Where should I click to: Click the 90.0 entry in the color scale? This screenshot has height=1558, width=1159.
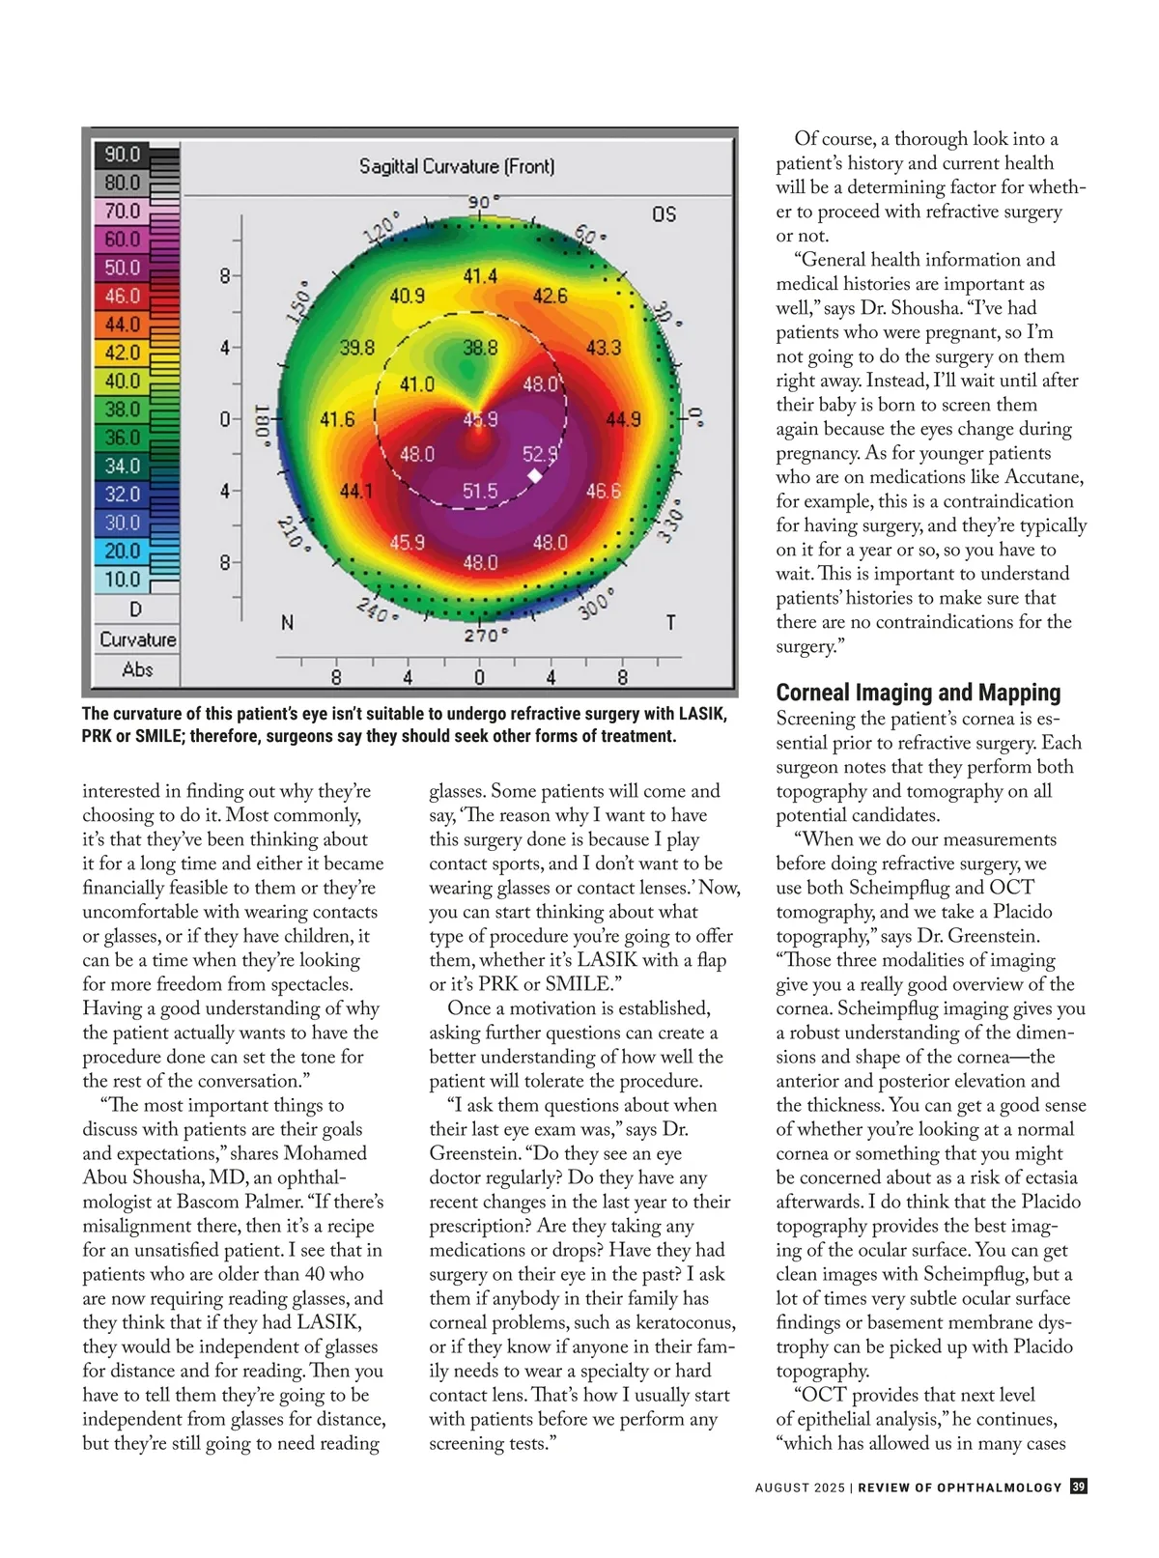click(x=123, y=155)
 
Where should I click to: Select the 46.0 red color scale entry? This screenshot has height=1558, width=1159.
click(x=123, y=296)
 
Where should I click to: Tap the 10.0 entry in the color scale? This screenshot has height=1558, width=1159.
click(x=123, y=580)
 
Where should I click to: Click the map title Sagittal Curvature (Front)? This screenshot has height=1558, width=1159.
click(x=457, y=166)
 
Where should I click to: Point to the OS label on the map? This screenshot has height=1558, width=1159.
click(x=664, y=213)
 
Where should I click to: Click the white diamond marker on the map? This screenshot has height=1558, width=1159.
click(x=535, y=477)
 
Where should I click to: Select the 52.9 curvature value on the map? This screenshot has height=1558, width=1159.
click(x=539, y=453)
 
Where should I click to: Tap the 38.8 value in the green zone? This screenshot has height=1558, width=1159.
click(x=480, y=348)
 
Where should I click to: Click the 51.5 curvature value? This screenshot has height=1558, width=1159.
click(x=480, y=491)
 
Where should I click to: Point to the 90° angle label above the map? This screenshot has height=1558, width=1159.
click(x=483, y=202)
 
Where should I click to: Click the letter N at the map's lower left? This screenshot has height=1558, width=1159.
click(x=287, y=623)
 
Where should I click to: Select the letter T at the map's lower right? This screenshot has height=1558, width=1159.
click(x=669, y=623)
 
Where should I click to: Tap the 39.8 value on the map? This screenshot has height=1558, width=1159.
click(x=357, y=348)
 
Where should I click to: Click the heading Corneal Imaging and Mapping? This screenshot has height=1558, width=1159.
click(x=918, y=693)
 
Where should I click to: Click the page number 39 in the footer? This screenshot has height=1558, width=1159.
click(x=1079, y=1487)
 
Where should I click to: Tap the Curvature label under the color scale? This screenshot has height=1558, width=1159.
click(x=138, y=639)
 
